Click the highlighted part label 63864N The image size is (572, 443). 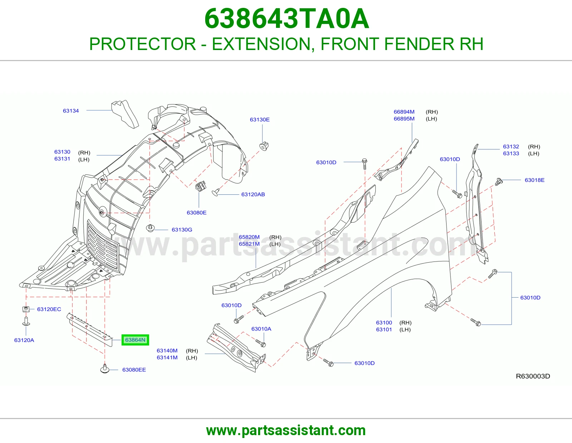coord(135,340)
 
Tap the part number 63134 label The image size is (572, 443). coord(71,111)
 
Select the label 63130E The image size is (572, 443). coord(260,119)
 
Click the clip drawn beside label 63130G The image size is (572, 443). coord(150,228)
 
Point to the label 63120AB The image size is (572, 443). coord(253,194)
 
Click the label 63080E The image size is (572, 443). coord(196,213)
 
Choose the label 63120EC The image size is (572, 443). coord(49,309)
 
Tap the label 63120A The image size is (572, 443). coord(24,340)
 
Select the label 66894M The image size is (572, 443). coord(404,112)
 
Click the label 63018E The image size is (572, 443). coord(534,180)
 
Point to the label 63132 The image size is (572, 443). coord(511,146)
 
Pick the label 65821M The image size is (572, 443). coord(249,244)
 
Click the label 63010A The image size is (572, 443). coord(261,329)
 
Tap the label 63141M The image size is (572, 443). coord(167,358)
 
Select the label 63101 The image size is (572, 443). coord(384,329)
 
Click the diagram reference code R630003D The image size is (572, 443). coord(533,376)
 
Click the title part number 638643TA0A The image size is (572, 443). coord(287,19)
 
